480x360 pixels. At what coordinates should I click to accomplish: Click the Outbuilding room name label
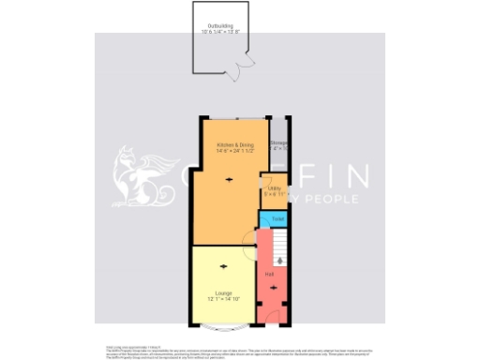click(219, 25)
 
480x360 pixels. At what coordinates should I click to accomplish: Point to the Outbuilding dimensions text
click(220, 32)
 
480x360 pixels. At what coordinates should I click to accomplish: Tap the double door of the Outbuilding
click(242, 65)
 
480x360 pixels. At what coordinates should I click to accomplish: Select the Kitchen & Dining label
click(235, 145)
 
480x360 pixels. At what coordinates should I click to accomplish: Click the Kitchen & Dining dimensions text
click(235, 152)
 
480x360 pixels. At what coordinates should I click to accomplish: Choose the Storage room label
click(278, 142)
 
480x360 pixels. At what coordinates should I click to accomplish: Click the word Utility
click(275, 188)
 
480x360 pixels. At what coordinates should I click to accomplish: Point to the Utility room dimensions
click(275, 194)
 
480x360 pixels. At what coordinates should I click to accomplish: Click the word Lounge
click(223, 293)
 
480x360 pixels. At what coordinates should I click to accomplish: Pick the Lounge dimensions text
click(223, 299)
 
